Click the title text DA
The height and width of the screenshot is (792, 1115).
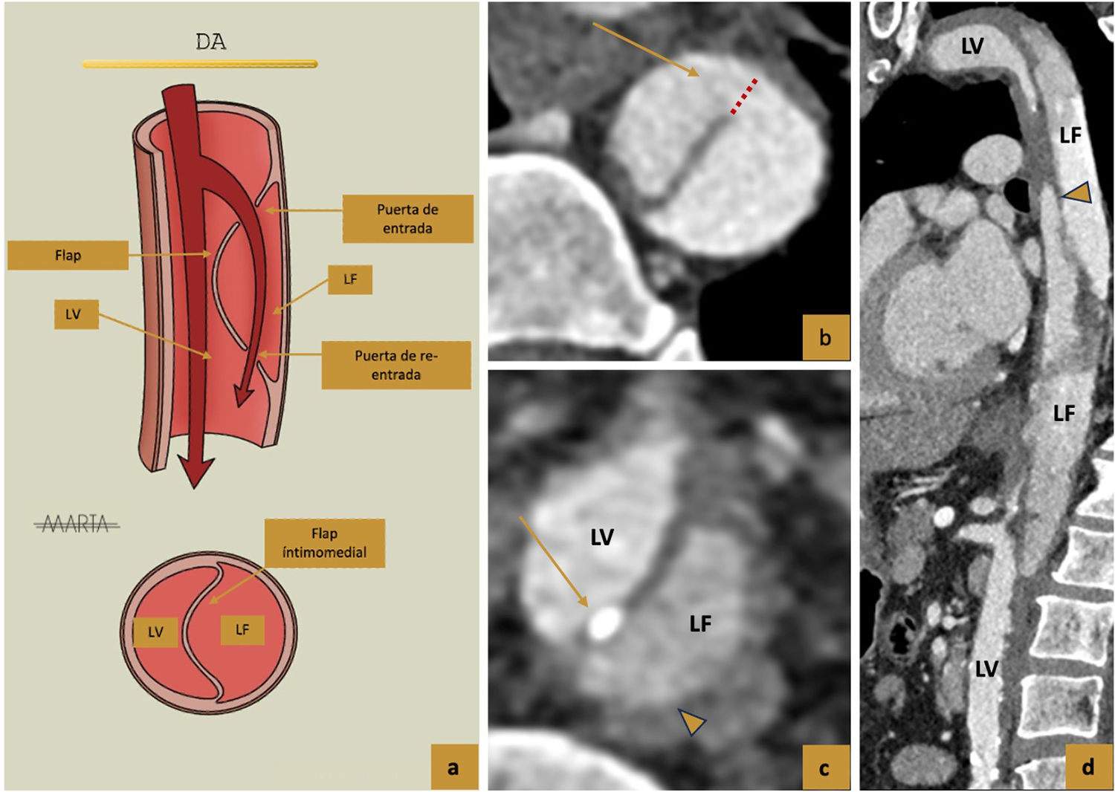click(210, 42)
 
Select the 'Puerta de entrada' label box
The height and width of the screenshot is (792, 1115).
click(407, 219)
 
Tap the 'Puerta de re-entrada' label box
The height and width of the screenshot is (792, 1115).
click(395, 365)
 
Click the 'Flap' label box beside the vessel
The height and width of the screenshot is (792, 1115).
click(68, 255)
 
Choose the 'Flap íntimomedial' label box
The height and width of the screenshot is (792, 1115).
click(325, 543)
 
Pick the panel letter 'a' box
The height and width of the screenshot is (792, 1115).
click(453, 767)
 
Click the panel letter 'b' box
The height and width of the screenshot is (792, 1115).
click(825, 337)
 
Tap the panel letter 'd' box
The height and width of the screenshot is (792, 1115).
click(1088, 767)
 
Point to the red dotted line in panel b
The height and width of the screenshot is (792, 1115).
click(743, 96)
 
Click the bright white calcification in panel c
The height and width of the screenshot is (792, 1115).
click(604, 623)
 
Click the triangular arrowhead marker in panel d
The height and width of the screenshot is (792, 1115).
click(1079, 193)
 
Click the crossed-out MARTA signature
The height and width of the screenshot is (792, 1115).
click(77, 525)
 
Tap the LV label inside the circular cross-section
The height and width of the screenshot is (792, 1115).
click(155, 632)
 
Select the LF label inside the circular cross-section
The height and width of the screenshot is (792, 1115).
click(242, 630)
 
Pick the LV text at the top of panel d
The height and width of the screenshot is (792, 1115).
click(972, 46)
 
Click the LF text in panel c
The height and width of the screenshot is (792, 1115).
click(700, 623)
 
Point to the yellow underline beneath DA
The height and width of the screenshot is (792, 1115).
click(200, 65)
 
